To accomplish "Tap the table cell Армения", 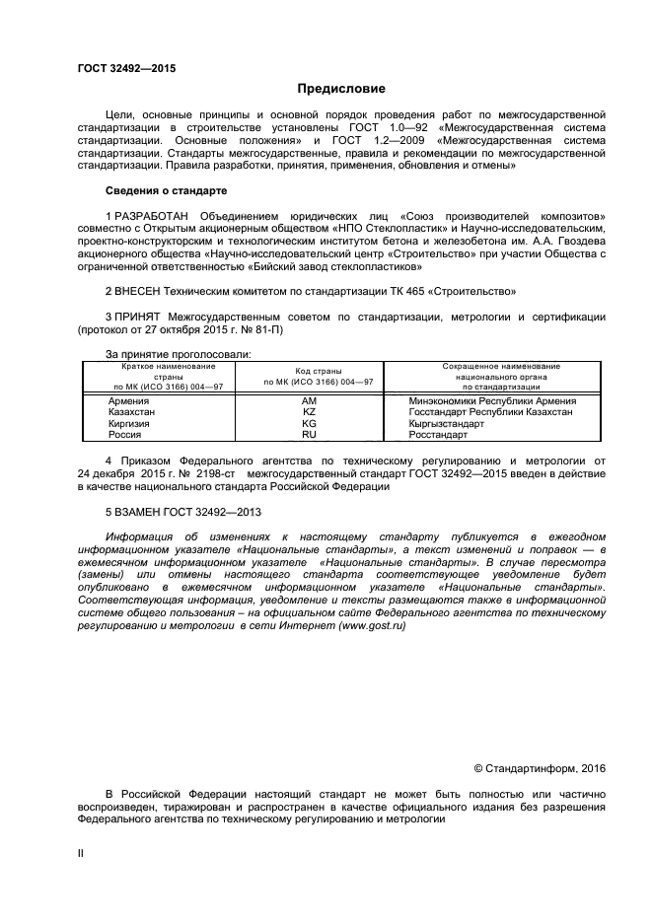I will (129, 401).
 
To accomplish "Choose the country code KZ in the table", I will (309, 412).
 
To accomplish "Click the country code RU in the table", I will (309, 434).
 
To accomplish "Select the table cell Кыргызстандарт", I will (446, 423).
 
